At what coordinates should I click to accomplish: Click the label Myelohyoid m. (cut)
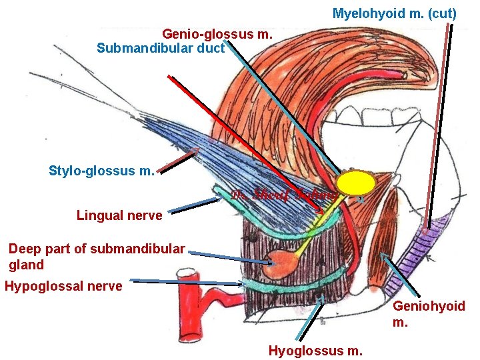click(394, 13)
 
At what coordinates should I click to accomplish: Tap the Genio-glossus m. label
click(217, 33)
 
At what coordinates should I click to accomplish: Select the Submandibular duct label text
click(161, 48)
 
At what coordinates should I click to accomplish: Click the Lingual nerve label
click(119, 215)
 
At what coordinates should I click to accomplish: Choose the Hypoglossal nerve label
click(63, 287)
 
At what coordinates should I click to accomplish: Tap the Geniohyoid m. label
click(429, 314)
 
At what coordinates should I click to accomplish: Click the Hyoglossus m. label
click(315, 350)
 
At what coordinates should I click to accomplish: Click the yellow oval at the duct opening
click(357, 183)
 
